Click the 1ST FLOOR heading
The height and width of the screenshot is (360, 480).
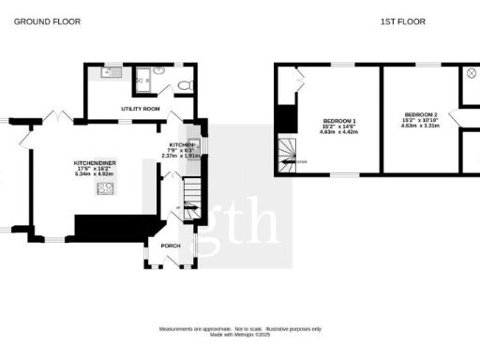point(397,21)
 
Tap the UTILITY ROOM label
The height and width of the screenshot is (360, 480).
point(142,110)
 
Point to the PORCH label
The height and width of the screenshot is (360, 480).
point(171,247)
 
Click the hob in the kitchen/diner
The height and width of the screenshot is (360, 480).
point(105,188)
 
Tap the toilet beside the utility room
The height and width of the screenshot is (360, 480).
point(186,85)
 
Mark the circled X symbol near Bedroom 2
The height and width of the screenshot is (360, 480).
point(472,72)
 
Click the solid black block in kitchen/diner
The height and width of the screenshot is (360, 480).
point(112,228)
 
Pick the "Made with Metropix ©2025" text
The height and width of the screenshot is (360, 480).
point(240,334)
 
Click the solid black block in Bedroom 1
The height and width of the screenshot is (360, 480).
point(286,118)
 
